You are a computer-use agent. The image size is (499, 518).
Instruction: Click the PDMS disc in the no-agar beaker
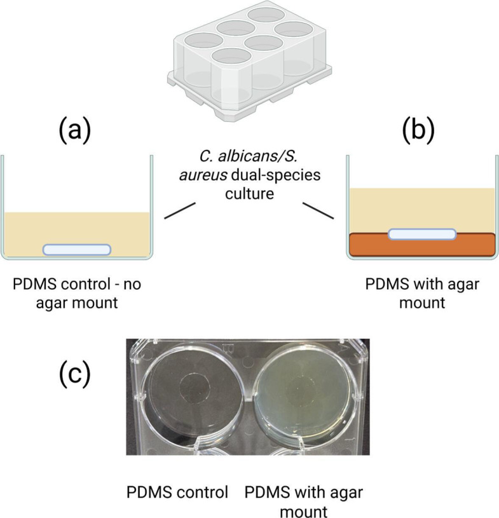tap(76, 249)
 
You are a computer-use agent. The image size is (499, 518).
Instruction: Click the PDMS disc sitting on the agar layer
tap(421, 234)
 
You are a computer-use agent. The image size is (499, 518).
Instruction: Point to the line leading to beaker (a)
tap(180, 211)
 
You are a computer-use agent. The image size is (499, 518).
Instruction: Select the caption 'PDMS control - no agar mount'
tap(76, 293)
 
